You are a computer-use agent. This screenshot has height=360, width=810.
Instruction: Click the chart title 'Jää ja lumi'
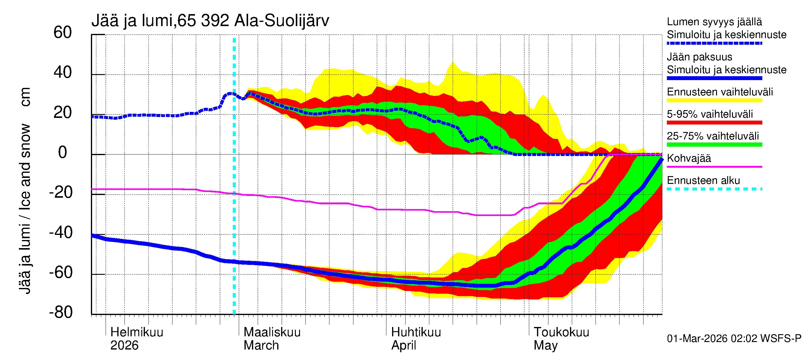pos(132,21)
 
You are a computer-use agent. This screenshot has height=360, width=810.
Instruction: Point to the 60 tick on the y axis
pos(63,32)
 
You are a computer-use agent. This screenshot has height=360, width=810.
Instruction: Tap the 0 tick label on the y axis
pos(63,152)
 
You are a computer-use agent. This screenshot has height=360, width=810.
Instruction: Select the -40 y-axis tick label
pos(61,233)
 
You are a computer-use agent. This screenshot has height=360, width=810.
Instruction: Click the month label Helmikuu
pos(137,332)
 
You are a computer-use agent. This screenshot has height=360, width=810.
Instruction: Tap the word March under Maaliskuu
pos(261,346)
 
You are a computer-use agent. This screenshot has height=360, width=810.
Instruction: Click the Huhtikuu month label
pos(416,332)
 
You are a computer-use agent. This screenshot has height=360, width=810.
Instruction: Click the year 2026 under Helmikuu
pos(124,346)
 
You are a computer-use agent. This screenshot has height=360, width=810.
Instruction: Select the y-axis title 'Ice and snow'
pos(25,166)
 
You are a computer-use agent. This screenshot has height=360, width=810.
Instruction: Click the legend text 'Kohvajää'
pos(688,158)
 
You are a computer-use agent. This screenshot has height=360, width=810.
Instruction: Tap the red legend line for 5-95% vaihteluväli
pos(714,123)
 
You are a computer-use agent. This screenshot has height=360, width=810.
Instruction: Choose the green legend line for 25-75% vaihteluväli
pos(714,145)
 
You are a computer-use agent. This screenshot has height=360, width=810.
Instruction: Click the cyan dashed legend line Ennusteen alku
pos(714,189)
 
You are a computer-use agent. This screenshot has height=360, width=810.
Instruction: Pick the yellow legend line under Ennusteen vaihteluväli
pos(714,100)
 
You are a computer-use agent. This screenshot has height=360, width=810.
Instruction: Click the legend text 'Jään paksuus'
pos(699,57)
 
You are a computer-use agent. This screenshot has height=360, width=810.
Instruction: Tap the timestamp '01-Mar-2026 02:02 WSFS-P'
pos(734,339)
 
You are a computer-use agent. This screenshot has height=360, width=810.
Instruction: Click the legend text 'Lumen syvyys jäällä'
pos(714,22)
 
